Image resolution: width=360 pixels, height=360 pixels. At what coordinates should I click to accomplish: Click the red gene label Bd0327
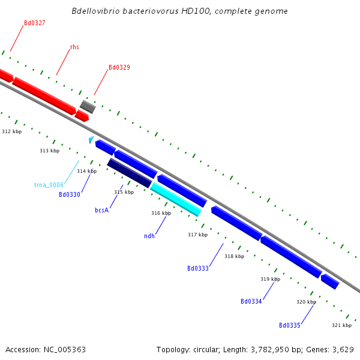(35, 23)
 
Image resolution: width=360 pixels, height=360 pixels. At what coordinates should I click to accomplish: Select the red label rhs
(74, 47)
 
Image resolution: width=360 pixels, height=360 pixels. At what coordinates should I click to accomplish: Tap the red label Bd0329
(119, 68)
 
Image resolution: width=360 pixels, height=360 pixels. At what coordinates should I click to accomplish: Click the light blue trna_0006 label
(49, 185)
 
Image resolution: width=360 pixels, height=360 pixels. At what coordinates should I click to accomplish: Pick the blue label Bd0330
(70, 194)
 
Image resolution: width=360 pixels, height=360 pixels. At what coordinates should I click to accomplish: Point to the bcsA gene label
(101, 211)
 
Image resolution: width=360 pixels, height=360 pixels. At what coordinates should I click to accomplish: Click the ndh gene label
(149, 236)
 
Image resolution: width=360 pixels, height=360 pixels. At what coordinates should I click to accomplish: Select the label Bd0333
(198, 268)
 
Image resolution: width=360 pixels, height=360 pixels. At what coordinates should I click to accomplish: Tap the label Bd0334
(251, 301)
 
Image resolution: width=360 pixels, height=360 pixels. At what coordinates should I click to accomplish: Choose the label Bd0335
(290, 325)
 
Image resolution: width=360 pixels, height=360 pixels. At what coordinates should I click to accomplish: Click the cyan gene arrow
(176, 199)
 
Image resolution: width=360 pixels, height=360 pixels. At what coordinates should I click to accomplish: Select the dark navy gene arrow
(130, 173)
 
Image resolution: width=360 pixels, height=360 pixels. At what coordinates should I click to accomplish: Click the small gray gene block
(88, 107)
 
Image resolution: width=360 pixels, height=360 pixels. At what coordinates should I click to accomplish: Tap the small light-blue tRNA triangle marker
(91, 140)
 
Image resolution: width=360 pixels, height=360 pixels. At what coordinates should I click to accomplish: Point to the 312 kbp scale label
(12, 131)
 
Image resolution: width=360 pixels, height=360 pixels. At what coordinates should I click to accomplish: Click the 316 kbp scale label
(161, 213)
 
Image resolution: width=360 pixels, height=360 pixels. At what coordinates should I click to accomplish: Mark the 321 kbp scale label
(341, 325)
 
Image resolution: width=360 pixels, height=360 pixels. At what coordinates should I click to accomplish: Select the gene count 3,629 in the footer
(342, 349)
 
